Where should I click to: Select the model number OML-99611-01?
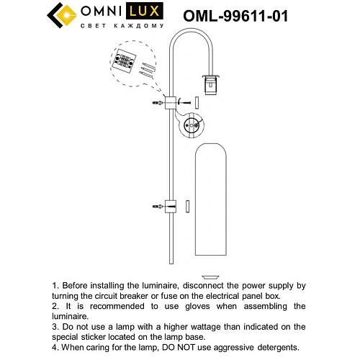pos(235,15)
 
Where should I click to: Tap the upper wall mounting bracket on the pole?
pos(172,104)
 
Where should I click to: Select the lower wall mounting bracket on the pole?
pos(171,207)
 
